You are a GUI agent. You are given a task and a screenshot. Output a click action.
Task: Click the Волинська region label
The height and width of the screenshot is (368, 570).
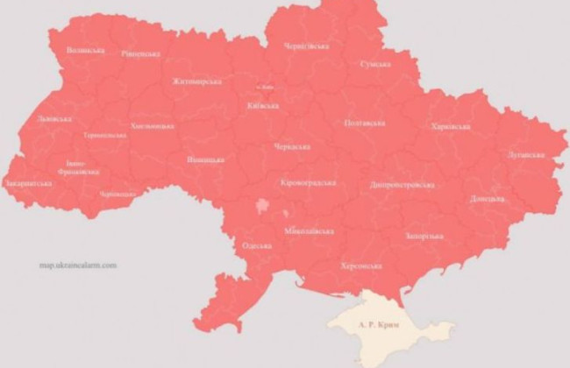pos(85,50)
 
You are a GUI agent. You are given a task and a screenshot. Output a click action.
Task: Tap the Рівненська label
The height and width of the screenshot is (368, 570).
pos(140,53)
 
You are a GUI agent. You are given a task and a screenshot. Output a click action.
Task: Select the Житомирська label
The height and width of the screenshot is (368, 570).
pos(196,81)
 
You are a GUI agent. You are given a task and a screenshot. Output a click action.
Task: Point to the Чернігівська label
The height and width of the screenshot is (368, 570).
pos(306,46)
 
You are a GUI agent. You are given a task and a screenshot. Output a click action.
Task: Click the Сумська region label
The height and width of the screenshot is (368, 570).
pos(374,64)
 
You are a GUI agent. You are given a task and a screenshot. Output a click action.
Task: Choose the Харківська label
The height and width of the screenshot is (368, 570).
pos(450,126)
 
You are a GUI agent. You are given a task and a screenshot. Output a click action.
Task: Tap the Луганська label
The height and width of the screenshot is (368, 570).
pos(525,155)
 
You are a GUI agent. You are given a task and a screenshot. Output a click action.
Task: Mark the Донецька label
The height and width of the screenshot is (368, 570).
pos(487,199)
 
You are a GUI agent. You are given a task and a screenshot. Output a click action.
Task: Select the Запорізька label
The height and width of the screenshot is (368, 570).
pos(424,236)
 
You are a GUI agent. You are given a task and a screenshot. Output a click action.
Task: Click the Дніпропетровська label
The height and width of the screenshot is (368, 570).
pos(403,185)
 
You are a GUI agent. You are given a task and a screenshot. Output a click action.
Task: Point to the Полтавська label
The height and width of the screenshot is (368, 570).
pos(364,124)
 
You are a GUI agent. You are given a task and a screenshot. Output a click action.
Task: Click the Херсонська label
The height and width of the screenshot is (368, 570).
pos(360,265)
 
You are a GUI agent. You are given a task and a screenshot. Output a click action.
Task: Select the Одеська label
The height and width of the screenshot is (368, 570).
pos(257,246)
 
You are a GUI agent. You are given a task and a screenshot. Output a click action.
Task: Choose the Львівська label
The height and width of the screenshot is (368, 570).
pos(43,118)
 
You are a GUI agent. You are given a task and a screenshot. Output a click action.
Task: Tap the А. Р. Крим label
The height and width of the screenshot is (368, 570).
pos(379,325)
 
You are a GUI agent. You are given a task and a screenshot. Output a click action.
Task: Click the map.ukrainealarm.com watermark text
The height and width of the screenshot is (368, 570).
pos(77,265)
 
